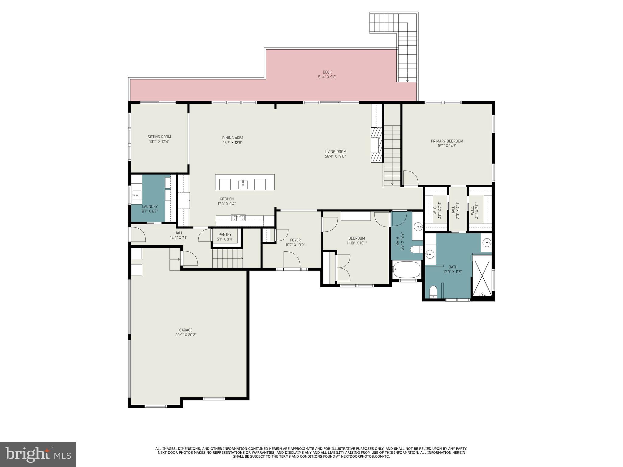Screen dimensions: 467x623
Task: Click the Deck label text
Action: point(327,72)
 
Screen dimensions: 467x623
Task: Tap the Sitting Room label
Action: point(159,137)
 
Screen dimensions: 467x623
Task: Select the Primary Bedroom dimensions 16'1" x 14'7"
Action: point(447,146)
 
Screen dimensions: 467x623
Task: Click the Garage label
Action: point(186,330)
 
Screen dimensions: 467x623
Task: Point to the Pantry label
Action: point(225,234)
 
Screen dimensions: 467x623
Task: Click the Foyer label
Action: point(295,240)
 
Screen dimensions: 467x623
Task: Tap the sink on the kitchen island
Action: point(243,184)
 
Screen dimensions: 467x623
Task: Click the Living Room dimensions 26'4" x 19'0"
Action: point(335,157)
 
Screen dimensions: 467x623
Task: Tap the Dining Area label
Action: point(233,138)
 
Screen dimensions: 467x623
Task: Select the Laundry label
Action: point(150,206)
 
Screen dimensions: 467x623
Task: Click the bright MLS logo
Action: point(38,454)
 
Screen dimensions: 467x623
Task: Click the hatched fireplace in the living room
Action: point(376,145)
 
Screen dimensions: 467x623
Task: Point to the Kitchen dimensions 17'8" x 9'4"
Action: point(227,204)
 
